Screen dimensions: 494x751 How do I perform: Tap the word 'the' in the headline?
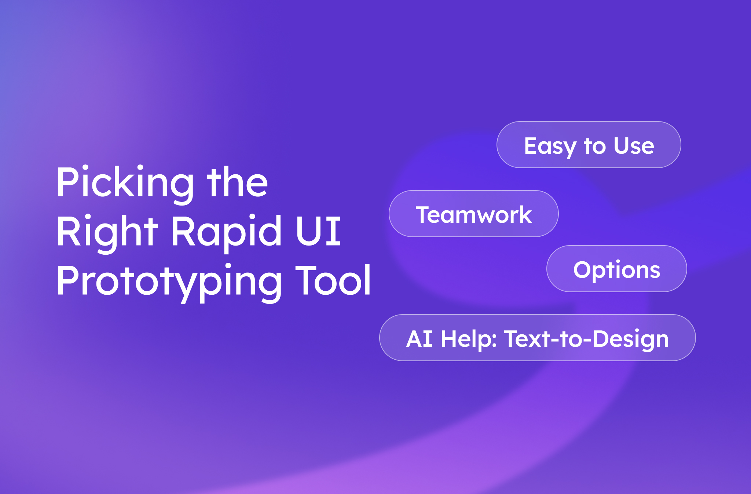238,182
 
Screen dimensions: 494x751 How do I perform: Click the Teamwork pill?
473,214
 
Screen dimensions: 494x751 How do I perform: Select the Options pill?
616,269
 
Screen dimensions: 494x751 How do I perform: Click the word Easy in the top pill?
550,146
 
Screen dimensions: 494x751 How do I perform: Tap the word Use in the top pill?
634,146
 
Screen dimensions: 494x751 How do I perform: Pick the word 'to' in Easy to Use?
595,146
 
